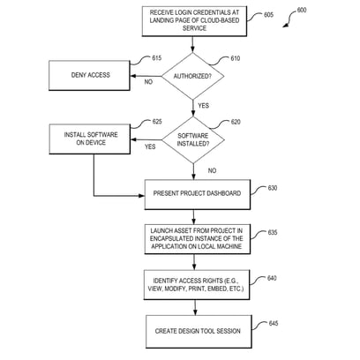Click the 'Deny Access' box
point(89,75)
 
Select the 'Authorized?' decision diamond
point(193,76)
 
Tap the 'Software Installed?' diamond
point(193,140)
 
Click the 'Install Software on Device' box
point(90,139)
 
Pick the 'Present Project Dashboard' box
point(198,194)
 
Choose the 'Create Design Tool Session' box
point(199,332)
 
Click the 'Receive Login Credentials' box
point(194,21)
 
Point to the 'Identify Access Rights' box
point(197,285)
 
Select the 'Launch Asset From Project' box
point(198,239)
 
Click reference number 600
point(302,10)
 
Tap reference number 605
point(268,15)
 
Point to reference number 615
point(157,58)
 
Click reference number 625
point(157,122)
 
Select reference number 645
point(274,323)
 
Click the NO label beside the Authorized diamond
point(148,82)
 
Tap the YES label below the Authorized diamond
point(204,105)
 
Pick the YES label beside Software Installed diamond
point(150,146)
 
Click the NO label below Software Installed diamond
point(212,170)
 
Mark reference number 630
point(273,188)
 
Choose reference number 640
point(272,278)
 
